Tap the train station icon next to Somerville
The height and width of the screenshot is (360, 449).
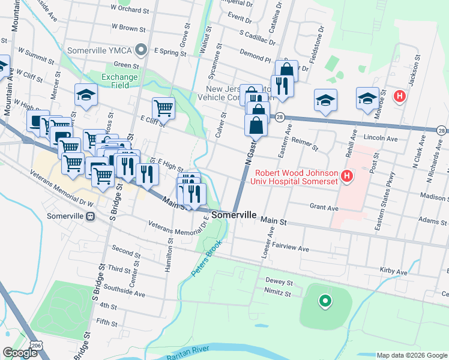coord(90,217)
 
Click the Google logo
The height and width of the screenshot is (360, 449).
coord(19,353)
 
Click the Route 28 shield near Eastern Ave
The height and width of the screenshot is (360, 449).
coord(280,118)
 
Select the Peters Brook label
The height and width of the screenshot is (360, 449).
coord(206,259)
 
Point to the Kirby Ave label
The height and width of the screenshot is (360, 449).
coord(393,271)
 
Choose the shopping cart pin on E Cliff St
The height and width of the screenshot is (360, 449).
coord(163,108)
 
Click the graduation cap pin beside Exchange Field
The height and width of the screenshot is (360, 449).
coord(86,95)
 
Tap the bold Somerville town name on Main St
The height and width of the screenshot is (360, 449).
coord(234,215)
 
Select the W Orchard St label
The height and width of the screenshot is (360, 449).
coord(130,10)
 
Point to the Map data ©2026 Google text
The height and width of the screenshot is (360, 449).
coord(411,355)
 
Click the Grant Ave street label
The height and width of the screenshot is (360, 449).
coord(324,208)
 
